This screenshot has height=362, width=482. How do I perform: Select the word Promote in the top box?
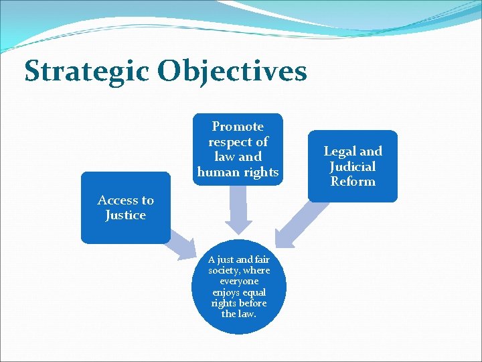[238, 127]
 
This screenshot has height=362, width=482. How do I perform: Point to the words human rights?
[238, 172]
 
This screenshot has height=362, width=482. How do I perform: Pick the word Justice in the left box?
[125, 215]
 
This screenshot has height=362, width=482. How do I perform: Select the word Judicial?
[352, 166]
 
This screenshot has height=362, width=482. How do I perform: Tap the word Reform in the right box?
[352, 182]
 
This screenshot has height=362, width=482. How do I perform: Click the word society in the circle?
[224, 270]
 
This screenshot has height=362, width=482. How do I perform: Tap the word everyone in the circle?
[239, 282]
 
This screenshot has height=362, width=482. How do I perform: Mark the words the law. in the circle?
[239, 314]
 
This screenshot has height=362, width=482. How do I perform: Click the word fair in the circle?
[261, 259]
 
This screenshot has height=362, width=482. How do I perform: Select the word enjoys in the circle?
[226, 292]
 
